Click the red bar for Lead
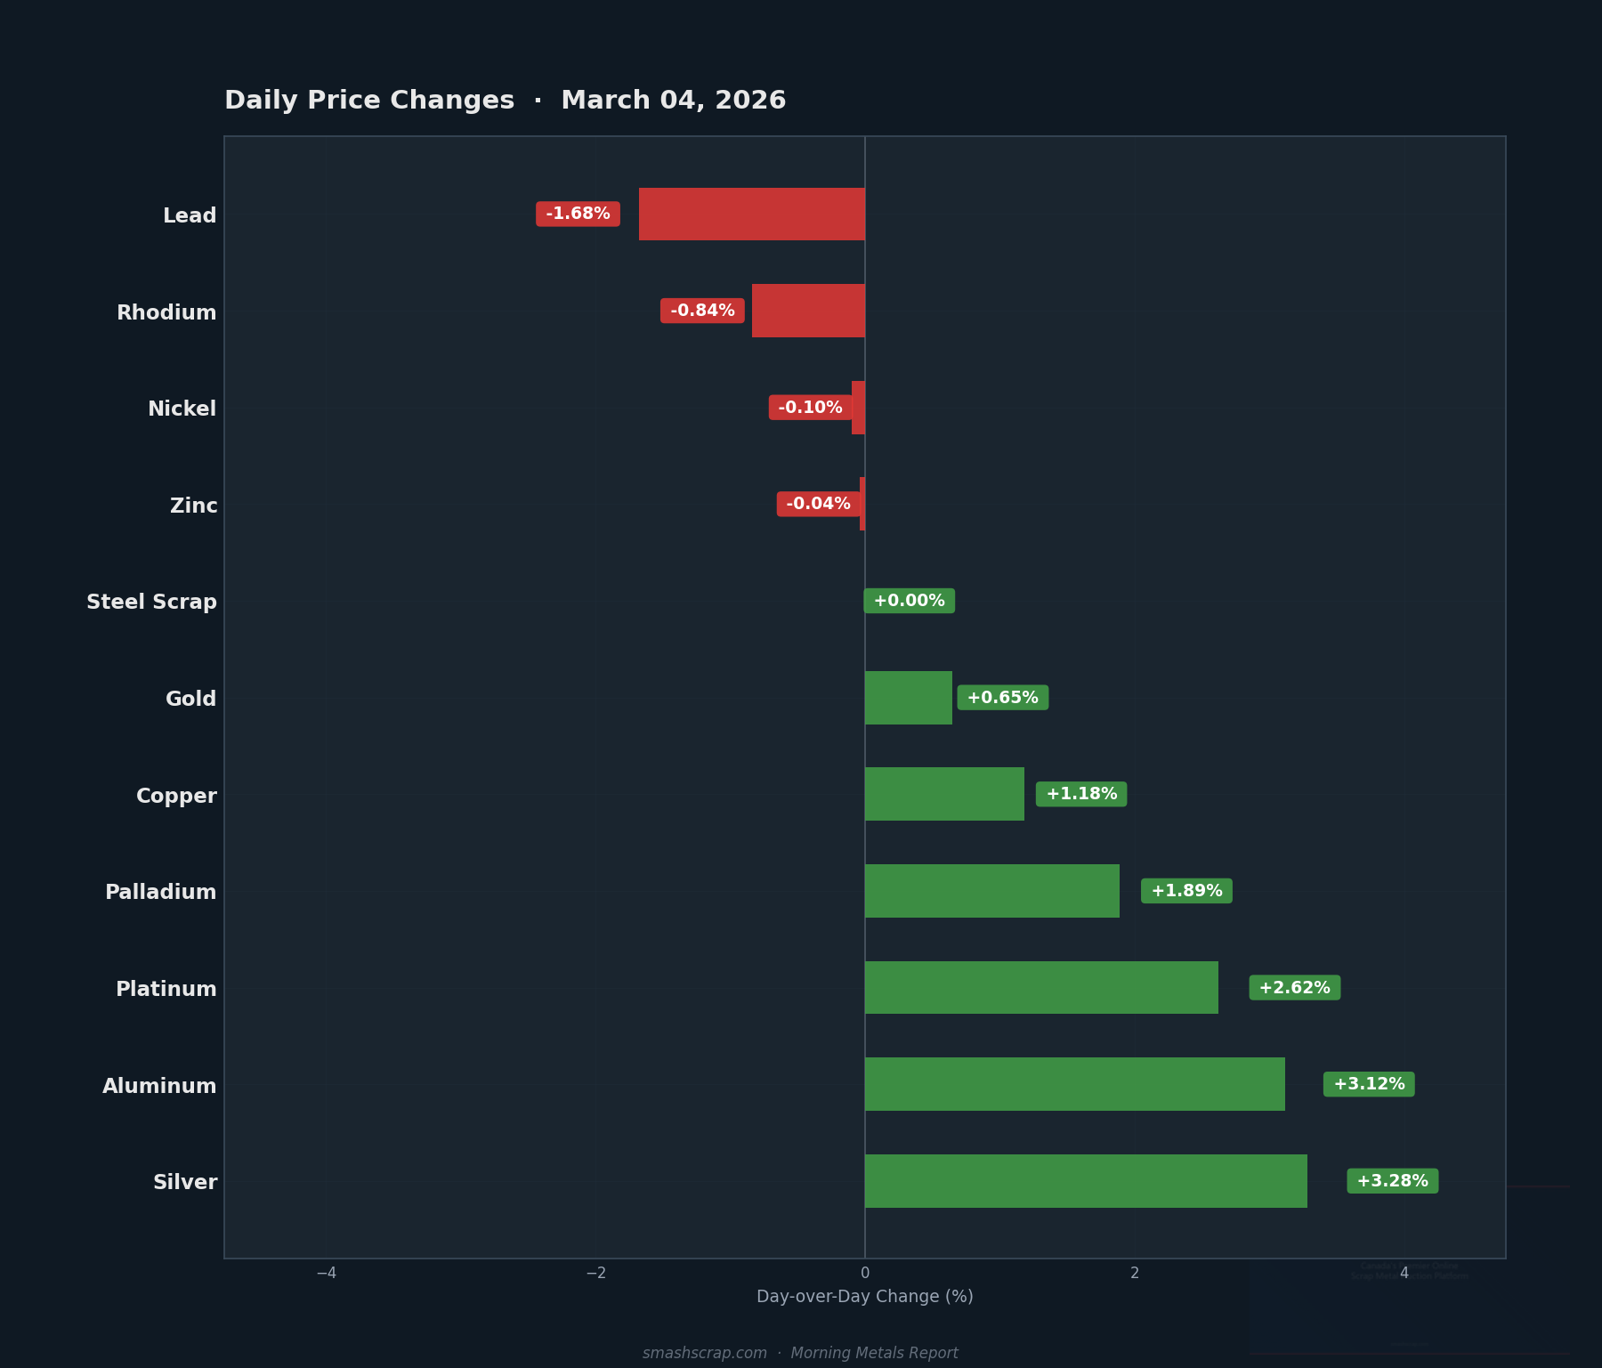click(x=752, y=214)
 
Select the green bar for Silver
click(x=1086, y=1181)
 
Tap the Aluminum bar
click(x=1074, y=1084)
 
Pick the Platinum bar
click(x=1041, y=988)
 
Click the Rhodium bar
click(x=808, y=311)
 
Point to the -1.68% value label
click(x=578, y=214)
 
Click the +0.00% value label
click(x=909, y=601)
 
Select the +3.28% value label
click(x=1392, y=1181)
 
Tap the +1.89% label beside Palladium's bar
click(x=1186, y=891)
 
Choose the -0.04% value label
click(x=818, y=504)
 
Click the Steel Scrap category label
click(x=151, y=603)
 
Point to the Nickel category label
click(x=182, y=409)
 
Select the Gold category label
click(x=190, y=699)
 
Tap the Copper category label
click(x=176, y=796)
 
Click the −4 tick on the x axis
click(x=327, y=1273)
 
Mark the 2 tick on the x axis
click(x=1134, y=1273)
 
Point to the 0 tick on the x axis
click(x=865, y=1273)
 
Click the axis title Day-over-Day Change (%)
click(x=864, y=1297)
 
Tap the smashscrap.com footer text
click(x=704, y=1353)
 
